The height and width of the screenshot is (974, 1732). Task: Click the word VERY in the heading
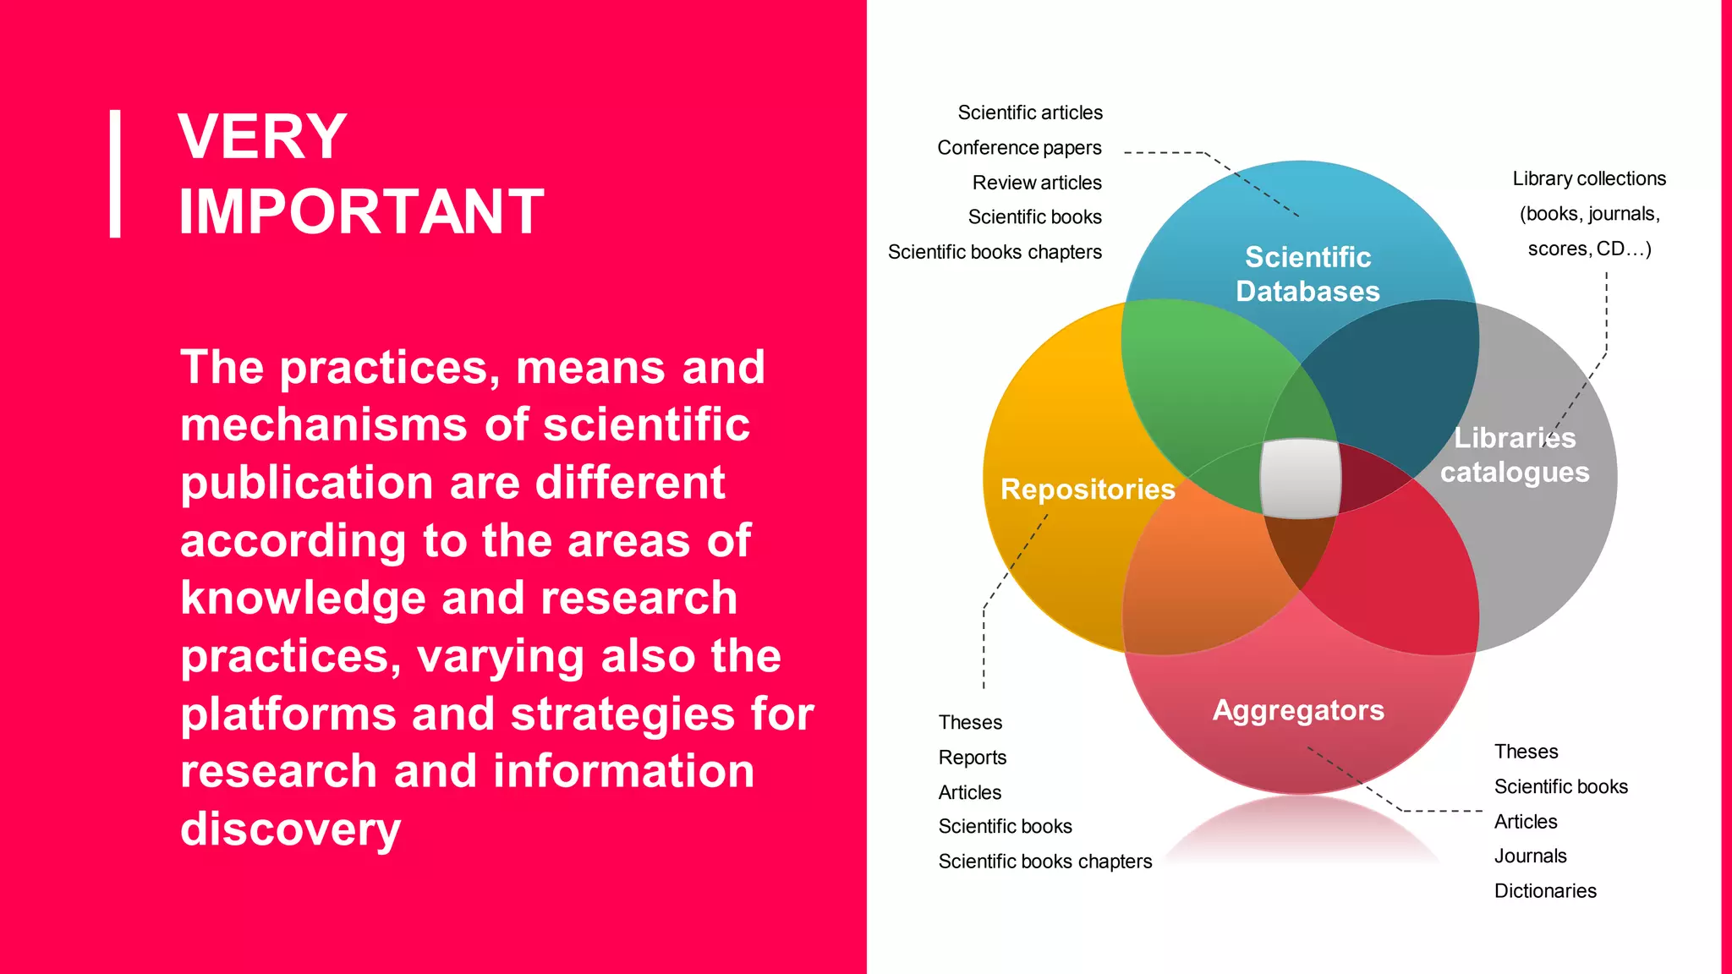click(x=262, y=137)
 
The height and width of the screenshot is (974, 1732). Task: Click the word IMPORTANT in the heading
click(x=361, y=211)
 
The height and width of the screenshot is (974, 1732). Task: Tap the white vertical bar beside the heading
click(x=115, y=173)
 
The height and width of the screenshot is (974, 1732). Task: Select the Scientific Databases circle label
click(x=1307, y=274)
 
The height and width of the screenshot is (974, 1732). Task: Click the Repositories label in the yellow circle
click(x=1088, y=489)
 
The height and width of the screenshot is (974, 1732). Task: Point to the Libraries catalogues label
click(x=1515, y=455)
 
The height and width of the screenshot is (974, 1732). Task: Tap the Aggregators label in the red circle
click(x=1298, y=710)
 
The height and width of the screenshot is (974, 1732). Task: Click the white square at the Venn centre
click(x=1301, y=478)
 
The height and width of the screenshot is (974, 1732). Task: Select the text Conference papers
click(x=1019, y=148)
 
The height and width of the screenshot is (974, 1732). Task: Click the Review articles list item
click(x=1037, y=183)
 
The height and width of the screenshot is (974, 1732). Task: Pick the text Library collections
click(x=1589, y=178)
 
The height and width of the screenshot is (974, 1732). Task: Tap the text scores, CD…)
click(x=1589, y=249)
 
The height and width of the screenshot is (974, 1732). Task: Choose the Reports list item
click(x=973, y=758)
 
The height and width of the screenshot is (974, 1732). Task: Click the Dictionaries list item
click(x=1545, y=891)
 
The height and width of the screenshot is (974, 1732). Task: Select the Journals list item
click(x=1531, y=856)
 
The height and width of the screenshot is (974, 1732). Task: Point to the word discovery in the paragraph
click(x=291, y=829)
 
